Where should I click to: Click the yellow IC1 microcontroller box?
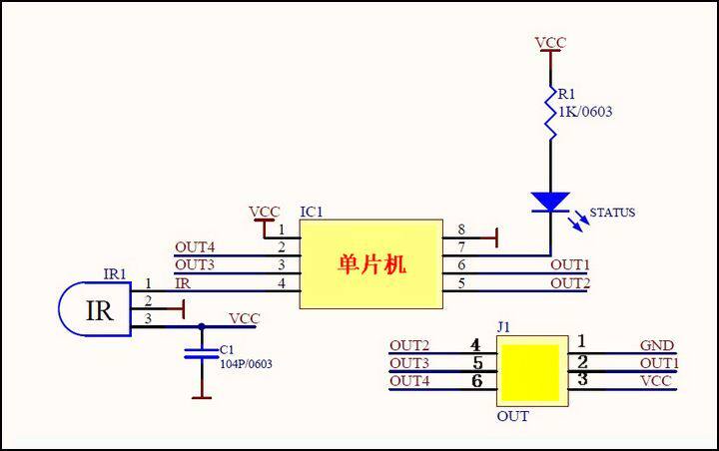coord(371,263)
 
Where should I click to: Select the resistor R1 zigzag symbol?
coord(550,113)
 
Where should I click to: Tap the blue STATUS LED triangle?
coord(550,201)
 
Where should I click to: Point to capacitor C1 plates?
coord(202,350)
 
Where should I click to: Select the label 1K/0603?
coord(585,112)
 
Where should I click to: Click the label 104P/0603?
coord(246,364)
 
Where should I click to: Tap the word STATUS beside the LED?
coord(612,213)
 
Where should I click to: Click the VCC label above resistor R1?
coord(550,43)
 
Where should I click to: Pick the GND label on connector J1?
coord(656,345)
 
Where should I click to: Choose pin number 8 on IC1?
coord(461,229)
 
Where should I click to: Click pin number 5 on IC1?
coord(461,283)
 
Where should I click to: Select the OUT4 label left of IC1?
coord(195,246)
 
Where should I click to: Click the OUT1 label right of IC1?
coord(570,264)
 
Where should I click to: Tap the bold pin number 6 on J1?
coord(476,380)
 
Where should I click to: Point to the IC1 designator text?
coord(312,213)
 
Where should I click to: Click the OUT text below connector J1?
coord(512,416)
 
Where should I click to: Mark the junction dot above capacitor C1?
coord(202,325)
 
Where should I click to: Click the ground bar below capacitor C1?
coord(202,398)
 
